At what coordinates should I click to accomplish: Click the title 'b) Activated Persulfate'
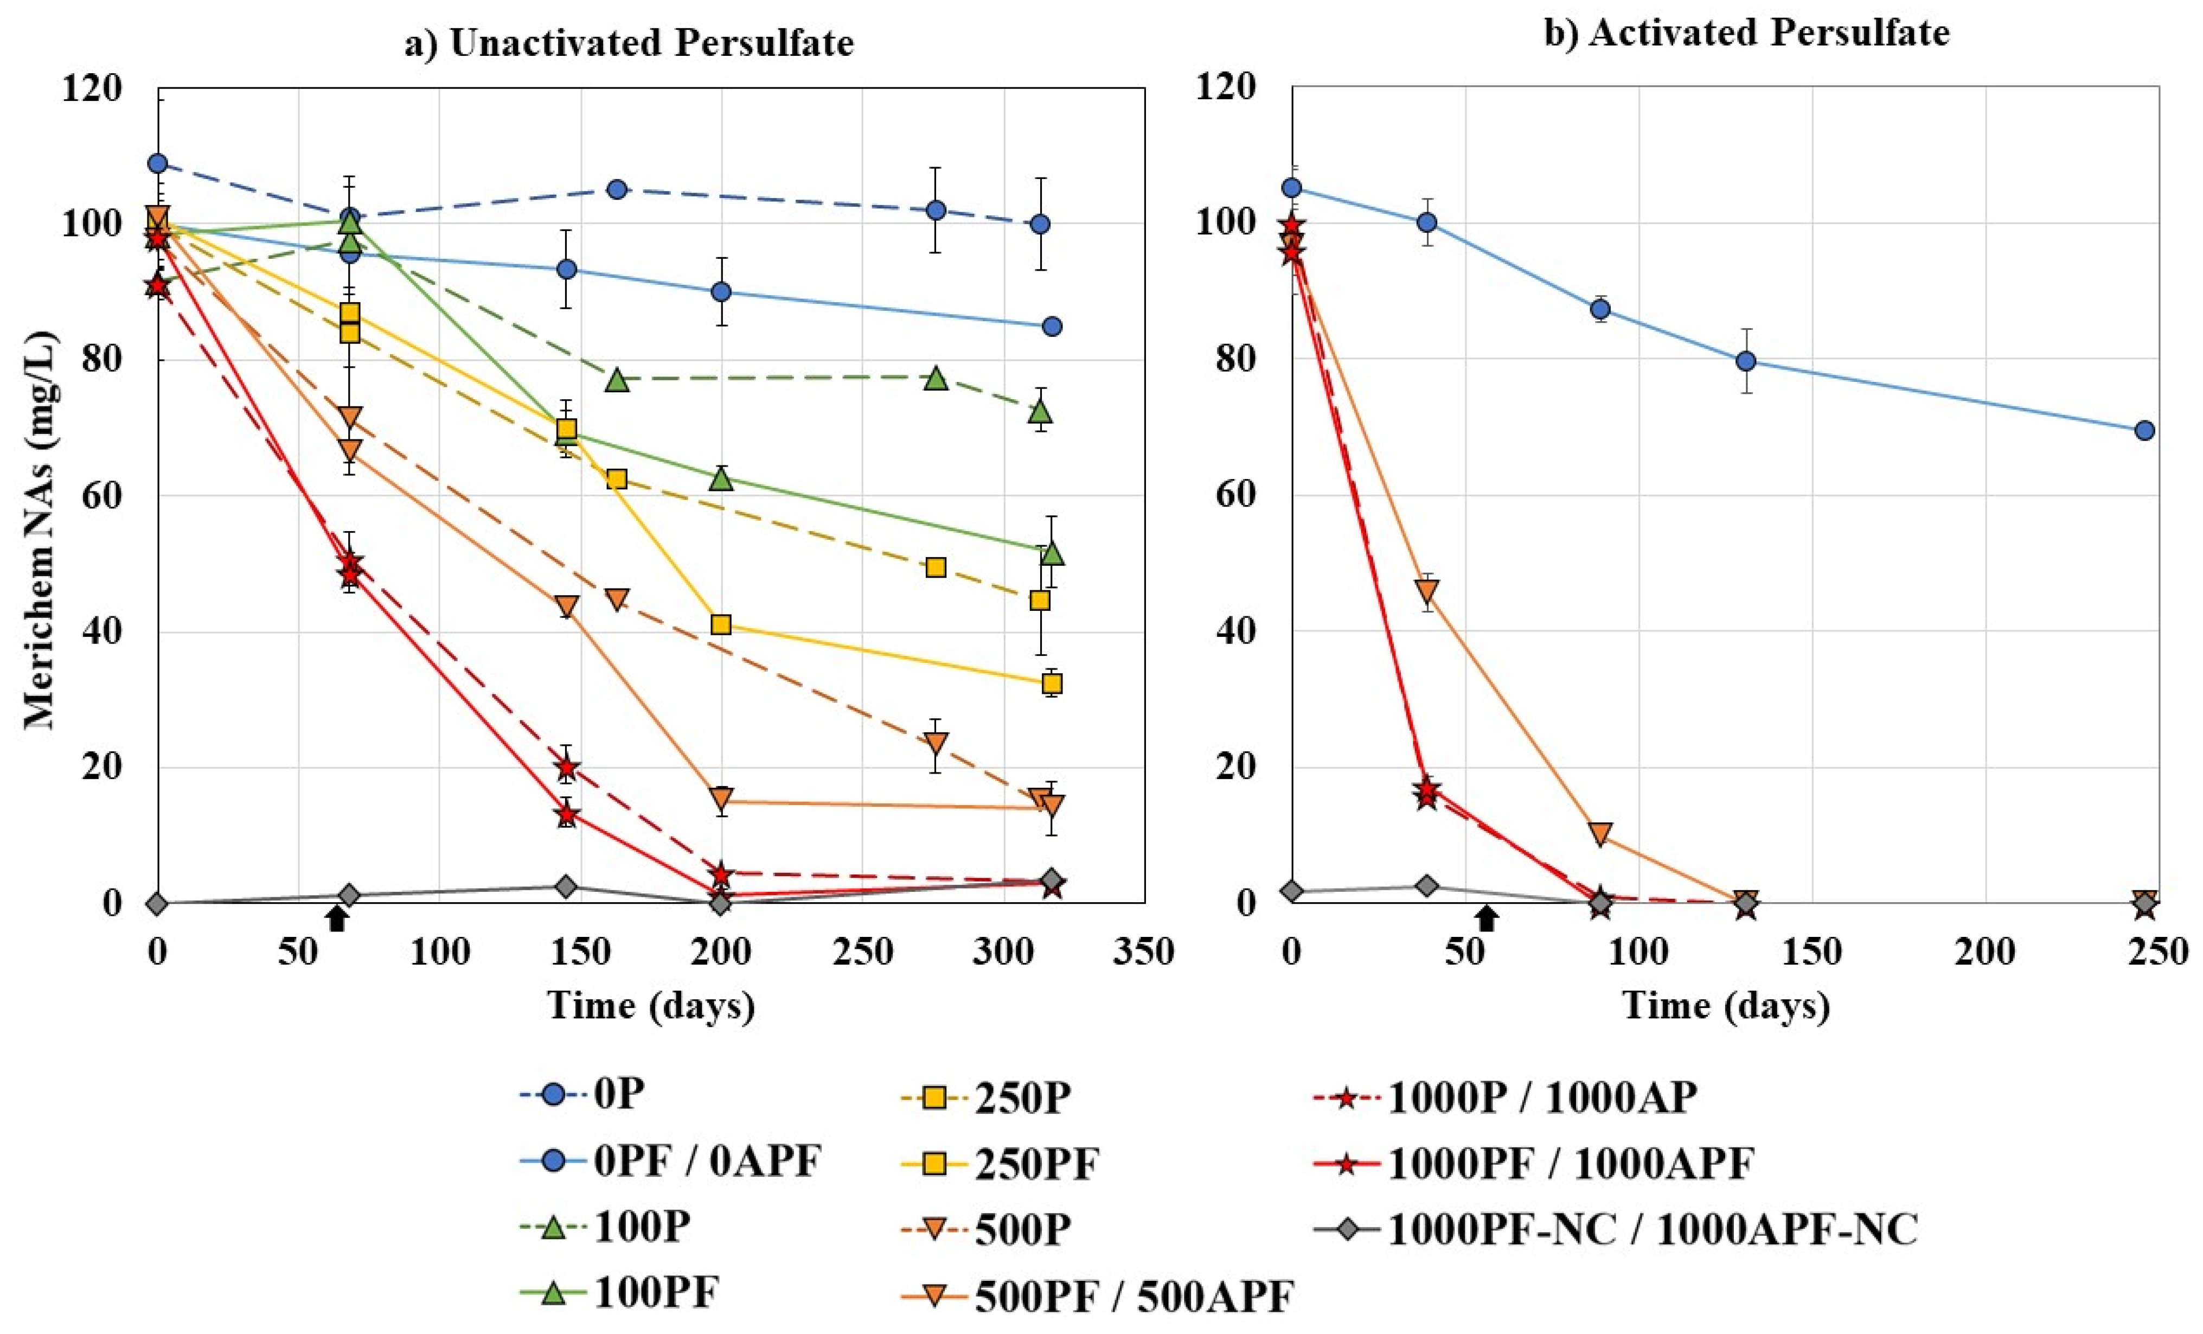coord(1747,33)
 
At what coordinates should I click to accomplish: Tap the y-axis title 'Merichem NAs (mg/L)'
coord(40,531)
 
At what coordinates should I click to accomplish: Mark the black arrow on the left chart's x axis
coord(336,918)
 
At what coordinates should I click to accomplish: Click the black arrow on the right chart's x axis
coord(1486,918)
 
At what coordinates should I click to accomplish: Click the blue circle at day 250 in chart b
coord(2144,431)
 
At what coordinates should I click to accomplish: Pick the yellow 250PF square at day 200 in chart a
coord(721,624)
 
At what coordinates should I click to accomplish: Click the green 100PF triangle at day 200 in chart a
coord(721,478)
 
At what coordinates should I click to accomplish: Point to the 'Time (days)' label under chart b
coord(1726,1006)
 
